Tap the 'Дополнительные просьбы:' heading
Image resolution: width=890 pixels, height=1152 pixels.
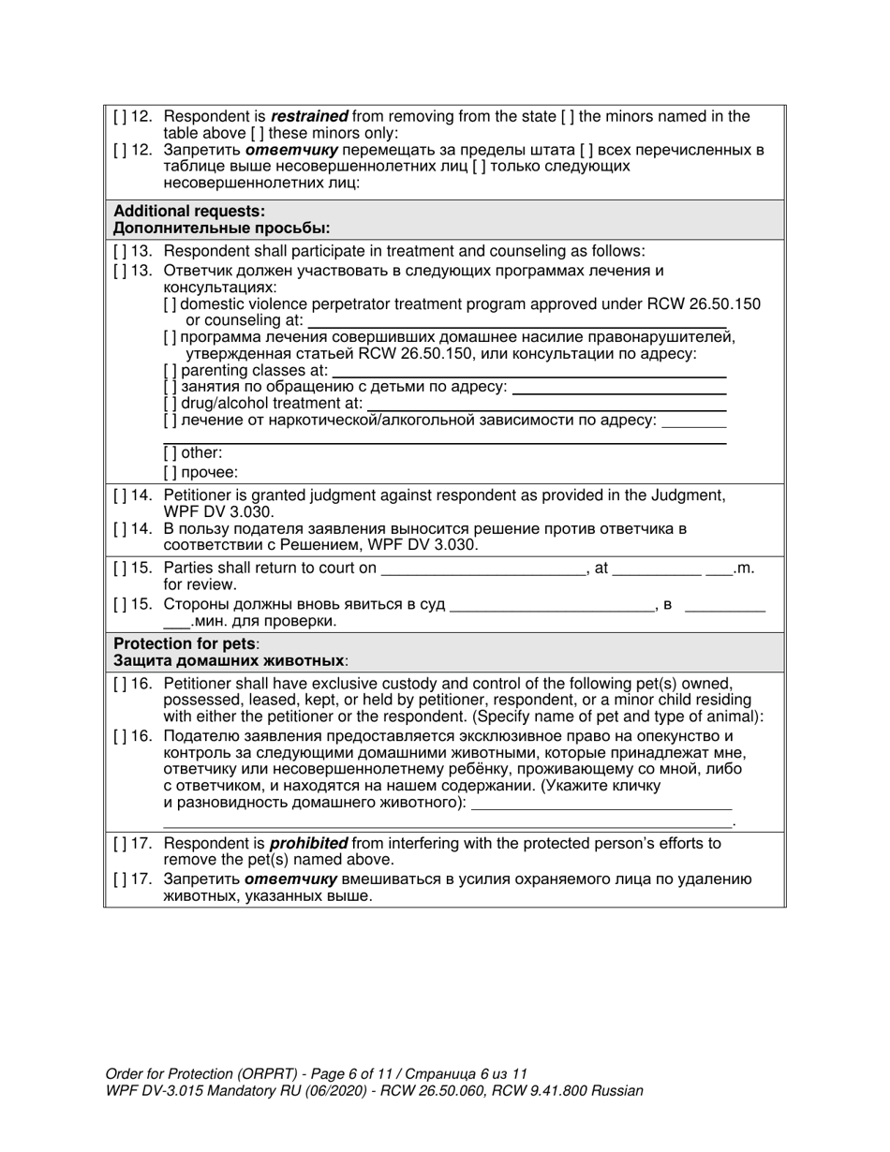click(221, 229)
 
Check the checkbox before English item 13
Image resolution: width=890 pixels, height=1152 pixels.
click(120, 251)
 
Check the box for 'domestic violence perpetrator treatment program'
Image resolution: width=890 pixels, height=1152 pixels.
click(170, 304)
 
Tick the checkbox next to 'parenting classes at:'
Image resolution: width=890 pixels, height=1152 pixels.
click(170, 370)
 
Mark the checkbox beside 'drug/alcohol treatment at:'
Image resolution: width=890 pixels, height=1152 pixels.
click(170, 404)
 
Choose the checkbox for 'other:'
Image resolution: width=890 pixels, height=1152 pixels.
click(170, 453)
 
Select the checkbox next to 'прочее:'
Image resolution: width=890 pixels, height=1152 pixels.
click(170, 473)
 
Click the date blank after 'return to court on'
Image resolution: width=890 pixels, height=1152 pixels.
click(483, 569)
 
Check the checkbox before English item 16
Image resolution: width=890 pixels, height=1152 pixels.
click(120, 684)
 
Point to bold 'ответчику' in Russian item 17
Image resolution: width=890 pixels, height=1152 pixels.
click(291, 879)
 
